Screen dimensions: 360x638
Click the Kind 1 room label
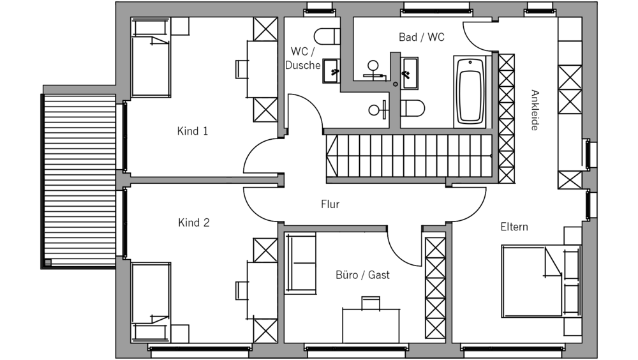click(x=193, y=131)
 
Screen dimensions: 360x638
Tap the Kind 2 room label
click(x=193, y=223)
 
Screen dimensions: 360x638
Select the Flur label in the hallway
click(x=330, y=205)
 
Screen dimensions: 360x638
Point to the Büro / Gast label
click(x=362, y=275)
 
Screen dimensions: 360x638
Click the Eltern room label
click(x=514, y=227)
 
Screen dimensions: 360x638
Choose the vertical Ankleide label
click(x=534, y=110)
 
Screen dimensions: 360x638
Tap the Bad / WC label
click(x=422, y=37)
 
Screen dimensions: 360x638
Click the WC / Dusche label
click(x=302, y=57)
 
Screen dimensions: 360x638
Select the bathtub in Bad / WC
click(x=470, y=91)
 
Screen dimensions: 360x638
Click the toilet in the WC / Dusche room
click(x=327, y=34)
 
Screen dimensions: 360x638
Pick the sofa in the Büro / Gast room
click(x=300, y=262)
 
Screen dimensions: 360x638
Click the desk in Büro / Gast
click(x=371, y=324)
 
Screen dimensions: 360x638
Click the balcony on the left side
click(x=80, y=179)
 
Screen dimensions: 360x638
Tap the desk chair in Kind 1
click(x=242, y=68)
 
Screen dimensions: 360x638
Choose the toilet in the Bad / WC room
click(x=413, y=109)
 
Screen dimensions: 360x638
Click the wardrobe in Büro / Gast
click(x=435, y=287)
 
